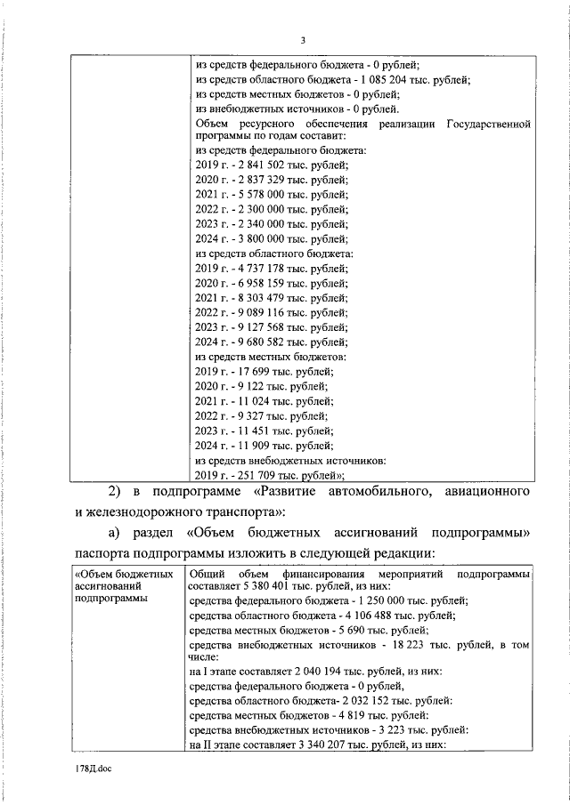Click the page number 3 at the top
click(x=303, y=40)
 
